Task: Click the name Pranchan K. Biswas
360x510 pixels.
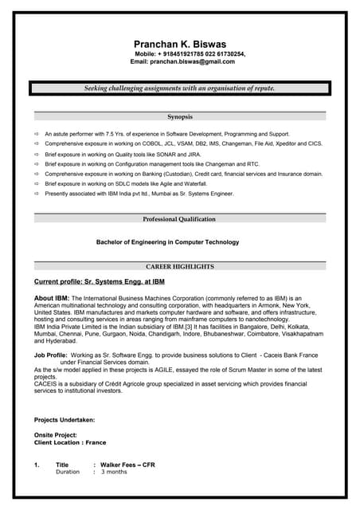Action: [x=179, y=45]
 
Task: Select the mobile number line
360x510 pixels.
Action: [x=190, y=53]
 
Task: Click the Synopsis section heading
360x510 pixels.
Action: [x=179, y=117]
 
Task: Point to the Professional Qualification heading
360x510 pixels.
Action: [x=179, y=219]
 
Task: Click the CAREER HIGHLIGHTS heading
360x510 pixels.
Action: [x=179, y=266]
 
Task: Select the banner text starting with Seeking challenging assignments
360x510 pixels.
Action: [x=179, y=88]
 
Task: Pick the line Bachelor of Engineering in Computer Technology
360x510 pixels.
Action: [x=167, y=242]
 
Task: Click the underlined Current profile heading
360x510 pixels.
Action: [x=100, y=281]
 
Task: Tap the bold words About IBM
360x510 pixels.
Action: [x=52, y=298]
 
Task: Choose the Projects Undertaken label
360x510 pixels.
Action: [x=65, y=419]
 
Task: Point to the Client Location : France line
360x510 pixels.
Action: [x=70, y=442]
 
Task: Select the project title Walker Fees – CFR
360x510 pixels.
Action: [x=127, y=464]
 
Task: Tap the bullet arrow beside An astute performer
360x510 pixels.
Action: [x=37, y=134]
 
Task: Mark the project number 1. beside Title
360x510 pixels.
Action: [x=37, y=464]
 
